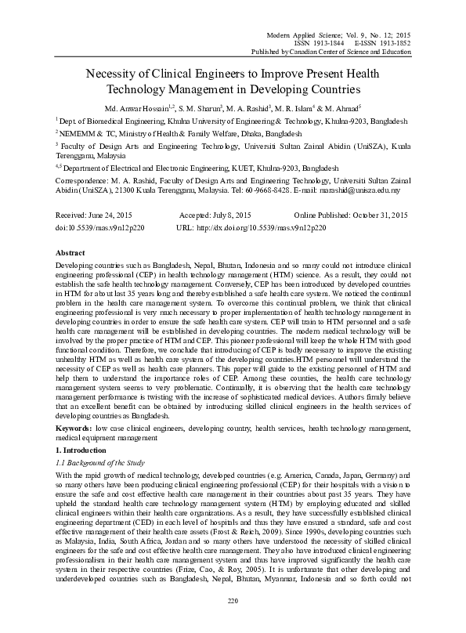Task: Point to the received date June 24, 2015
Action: point(95,215)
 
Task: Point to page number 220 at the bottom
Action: point(233,622)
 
